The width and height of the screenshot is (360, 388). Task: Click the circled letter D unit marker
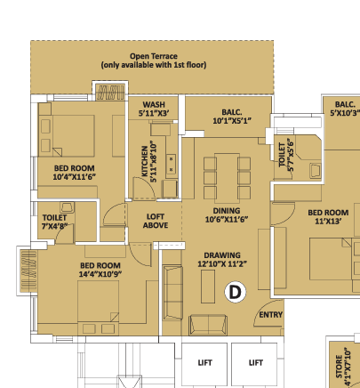[x=236, y=292]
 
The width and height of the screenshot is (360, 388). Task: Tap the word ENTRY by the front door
[x=271, y=315]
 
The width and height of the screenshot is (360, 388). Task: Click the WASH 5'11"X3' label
[x=154, y=109]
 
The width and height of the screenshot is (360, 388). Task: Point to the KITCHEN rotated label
[x=149, y=161]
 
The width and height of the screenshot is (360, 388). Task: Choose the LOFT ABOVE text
[x=156, y=221]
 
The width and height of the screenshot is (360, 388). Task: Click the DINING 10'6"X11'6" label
[x=227, y=215]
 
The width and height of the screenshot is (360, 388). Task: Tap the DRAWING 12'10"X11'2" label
[x=222, y=260]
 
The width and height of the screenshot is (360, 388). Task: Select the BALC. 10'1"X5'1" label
[x=232, y=117]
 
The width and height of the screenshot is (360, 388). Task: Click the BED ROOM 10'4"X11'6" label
[x=75, y=173]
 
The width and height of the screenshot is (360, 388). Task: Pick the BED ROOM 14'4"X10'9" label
[x=100, y=270]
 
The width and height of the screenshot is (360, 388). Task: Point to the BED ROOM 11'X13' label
[x=328, y=217]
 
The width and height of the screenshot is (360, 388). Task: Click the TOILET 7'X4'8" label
[x=54, y=222]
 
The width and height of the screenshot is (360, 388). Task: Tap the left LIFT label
[x=204, y=363]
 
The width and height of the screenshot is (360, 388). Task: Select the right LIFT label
[x=256, y=363]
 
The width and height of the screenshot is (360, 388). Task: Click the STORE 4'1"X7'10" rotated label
[x=343, y=368]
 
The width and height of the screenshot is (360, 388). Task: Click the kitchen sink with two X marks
[x=171, y=163]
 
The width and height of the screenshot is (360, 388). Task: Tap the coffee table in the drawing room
[x=208, y=287]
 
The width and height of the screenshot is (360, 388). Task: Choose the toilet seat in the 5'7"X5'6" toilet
[x=315, y=171]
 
